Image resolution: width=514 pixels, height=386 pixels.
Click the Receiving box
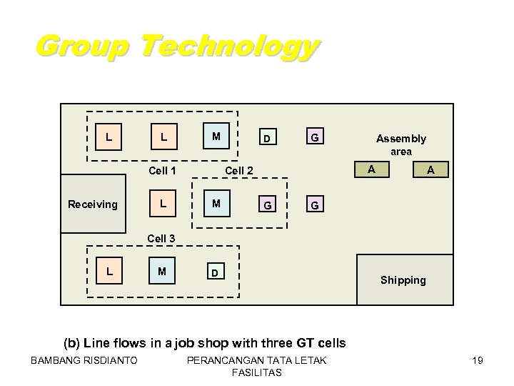tap(93, 204)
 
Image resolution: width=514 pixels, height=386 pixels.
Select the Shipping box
tap(403, 280)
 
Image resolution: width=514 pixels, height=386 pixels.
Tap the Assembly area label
tap(401, 144)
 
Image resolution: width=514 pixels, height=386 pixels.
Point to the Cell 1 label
tap(162, 170)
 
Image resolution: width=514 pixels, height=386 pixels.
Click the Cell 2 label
tap(239, 170)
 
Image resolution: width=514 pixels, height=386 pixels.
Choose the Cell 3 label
tap(162, 238)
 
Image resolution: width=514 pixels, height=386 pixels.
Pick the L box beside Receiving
tap(163, 204)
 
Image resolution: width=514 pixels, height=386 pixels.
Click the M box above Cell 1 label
tap(215, 136)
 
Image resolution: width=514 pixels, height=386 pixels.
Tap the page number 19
tap(478, 360)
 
